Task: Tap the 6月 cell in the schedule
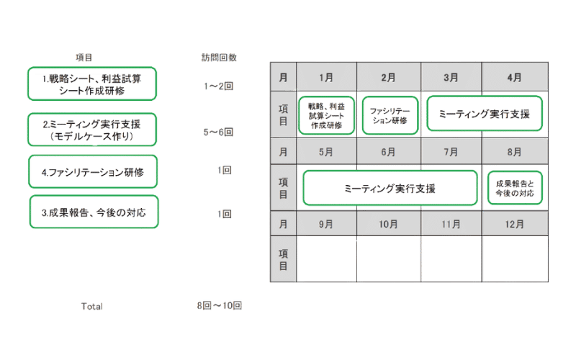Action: coord(387,152)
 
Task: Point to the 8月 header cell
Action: coord(513,152)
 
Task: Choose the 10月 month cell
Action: coord(387,225)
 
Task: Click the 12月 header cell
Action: coord(513,225)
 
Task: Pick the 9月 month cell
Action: coord(325,225)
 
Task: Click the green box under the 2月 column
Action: coord(390,115)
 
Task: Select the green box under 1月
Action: coord(325,115)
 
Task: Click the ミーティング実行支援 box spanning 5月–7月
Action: coord(390,189)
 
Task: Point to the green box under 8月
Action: coord(515,189)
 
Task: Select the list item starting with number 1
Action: coord(92,85)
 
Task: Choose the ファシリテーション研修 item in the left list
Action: coord(92,171)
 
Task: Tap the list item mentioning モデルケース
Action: coord(92,130)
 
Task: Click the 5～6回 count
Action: coord(218,132)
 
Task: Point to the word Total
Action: coord(91,306)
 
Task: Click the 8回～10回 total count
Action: coord(219,306)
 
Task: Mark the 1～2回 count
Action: coord(218,86)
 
